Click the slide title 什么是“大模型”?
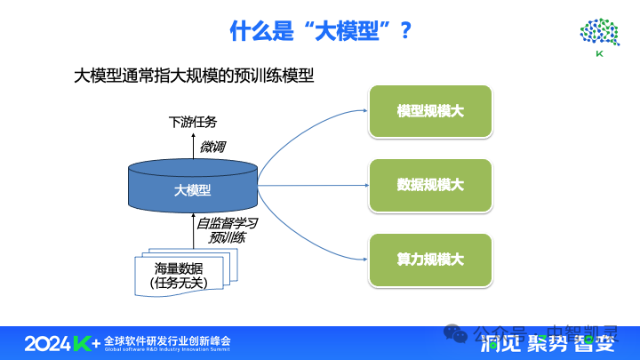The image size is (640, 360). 320,31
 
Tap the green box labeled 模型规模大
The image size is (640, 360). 430,112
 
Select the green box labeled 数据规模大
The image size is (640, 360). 430,185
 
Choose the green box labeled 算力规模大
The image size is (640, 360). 430,260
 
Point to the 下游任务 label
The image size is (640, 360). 193,122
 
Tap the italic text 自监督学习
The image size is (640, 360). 228,223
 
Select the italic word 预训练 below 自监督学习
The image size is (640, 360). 228,238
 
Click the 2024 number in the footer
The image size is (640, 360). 46,343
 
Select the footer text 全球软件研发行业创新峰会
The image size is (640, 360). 167,340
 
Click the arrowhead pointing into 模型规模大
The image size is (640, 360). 365,111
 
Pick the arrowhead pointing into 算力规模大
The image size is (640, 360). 365,259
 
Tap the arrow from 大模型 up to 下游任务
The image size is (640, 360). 193,145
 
